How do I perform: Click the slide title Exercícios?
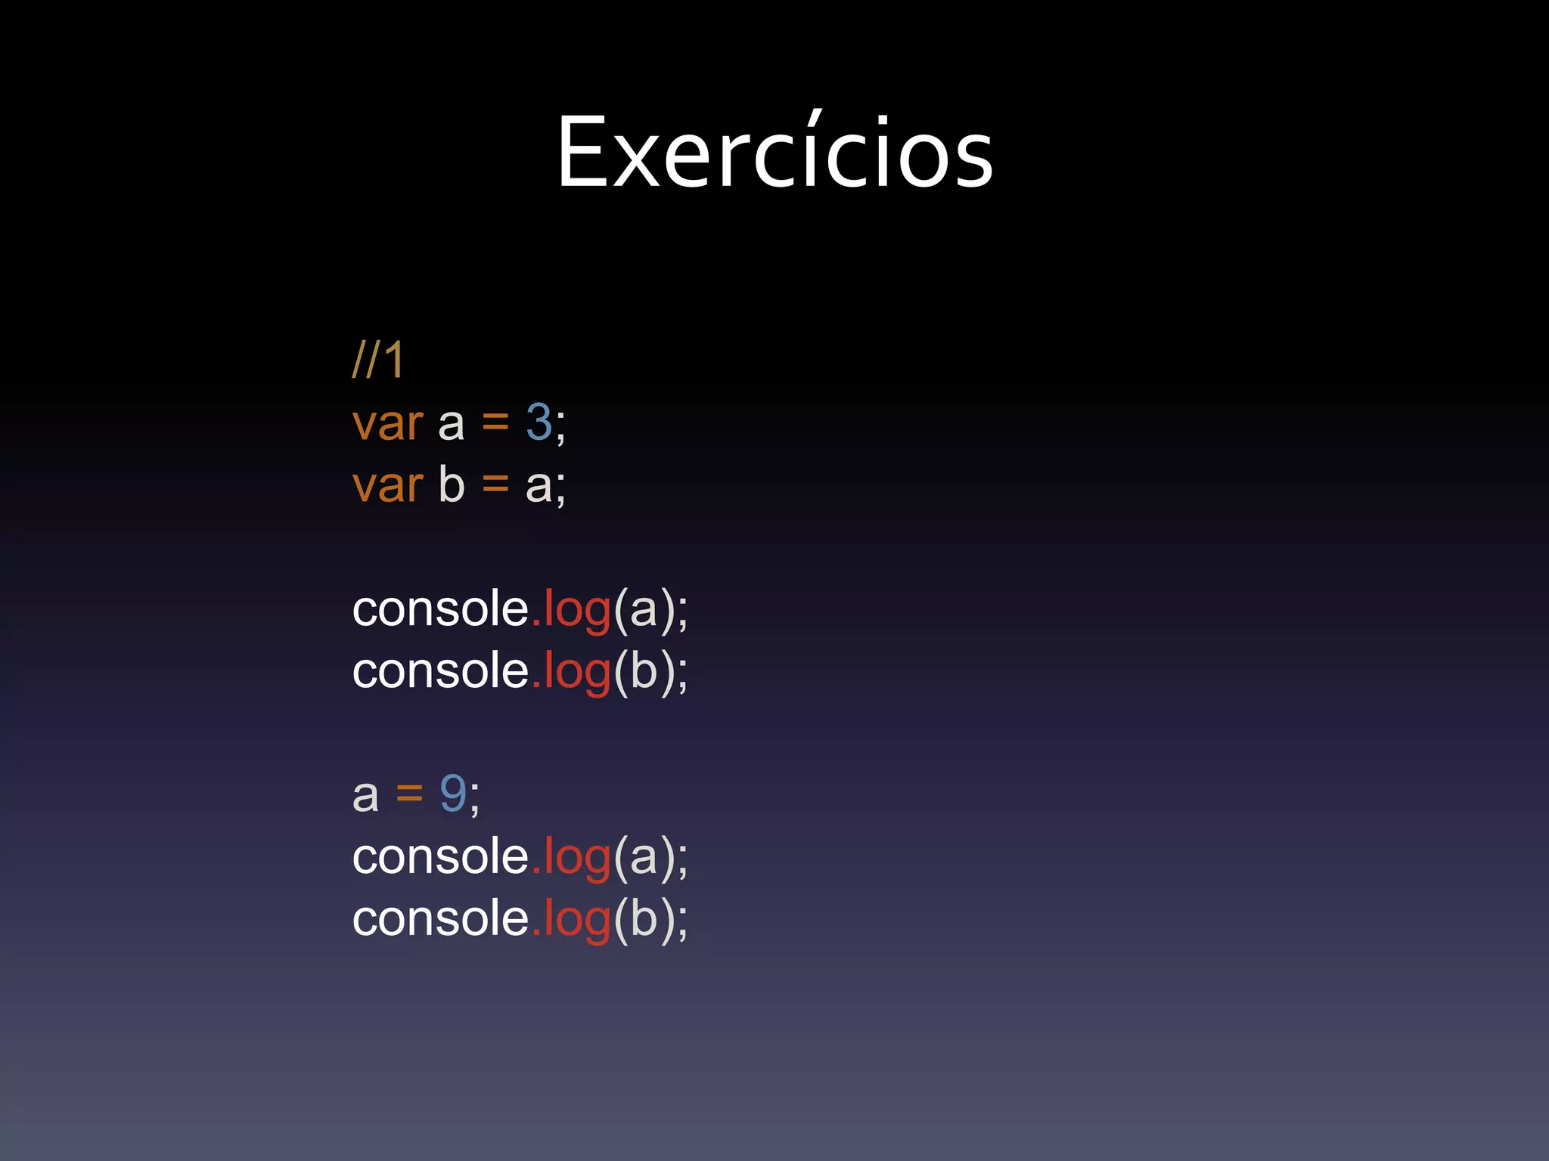pos(774,151)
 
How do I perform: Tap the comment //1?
pos(378,360)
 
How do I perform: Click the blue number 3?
pos(539,422)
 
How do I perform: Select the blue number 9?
pos(453,794)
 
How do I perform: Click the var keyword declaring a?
pos(387,423)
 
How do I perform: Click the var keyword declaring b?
pos(387,485)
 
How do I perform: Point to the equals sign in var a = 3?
pos(495,423)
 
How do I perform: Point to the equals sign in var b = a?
pos(495,485)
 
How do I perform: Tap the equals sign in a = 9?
pos(409,794)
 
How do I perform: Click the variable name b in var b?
pos(452,484)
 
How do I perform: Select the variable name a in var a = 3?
pos(452,425)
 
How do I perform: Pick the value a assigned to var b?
pos(539,487)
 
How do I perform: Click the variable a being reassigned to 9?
pos(365,797)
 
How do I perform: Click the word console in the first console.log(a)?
pos(440,608)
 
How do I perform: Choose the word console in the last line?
pos(440,918)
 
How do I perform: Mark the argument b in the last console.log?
pos(644,918)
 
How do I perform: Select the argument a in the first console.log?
pos(644,610)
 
